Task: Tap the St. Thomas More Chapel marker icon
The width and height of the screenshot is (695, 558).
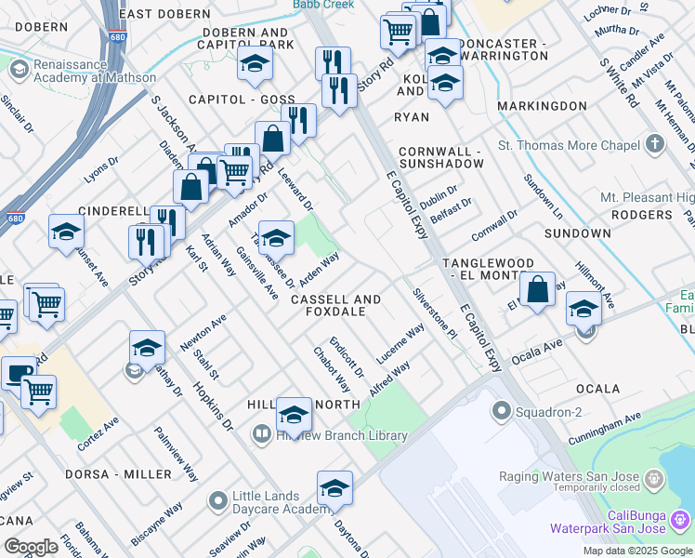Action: [655, 144]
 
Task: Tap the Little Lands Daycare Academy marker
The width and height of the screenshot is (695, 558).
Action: [217, 502]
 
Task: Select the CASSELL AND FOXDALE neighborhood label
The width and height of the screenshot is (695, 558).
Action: [335, 306]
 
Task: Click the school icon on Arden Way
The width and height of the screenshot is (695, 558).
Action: [276, 238]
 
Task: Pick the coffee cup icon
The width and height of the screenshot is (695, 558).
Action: [18, 374]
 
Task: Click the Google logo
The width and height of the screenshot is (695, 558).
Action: [31, 547]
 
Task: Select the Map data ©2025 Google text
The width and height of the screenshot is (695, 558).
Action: [638, 551]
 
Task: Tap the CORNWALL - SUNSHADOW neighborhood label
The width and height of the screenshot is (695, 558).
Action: [440, 157]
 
